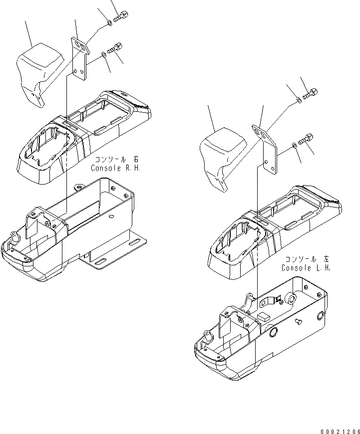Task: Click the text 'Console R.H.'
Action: point(116,169)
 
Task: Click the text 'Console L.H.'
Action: point(306,268)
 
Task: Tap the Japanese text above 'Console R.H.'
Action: point(117,161)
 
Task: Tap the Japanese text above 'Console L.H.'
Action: point(307,259)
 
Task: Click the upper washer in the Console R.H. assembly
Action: point(109,23)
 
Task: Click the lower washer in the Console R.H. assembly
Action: point(103,53)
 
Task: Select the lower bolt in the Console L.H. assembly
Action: point(305,138)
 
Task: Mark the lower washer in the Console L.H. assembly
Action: point(293,145)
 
